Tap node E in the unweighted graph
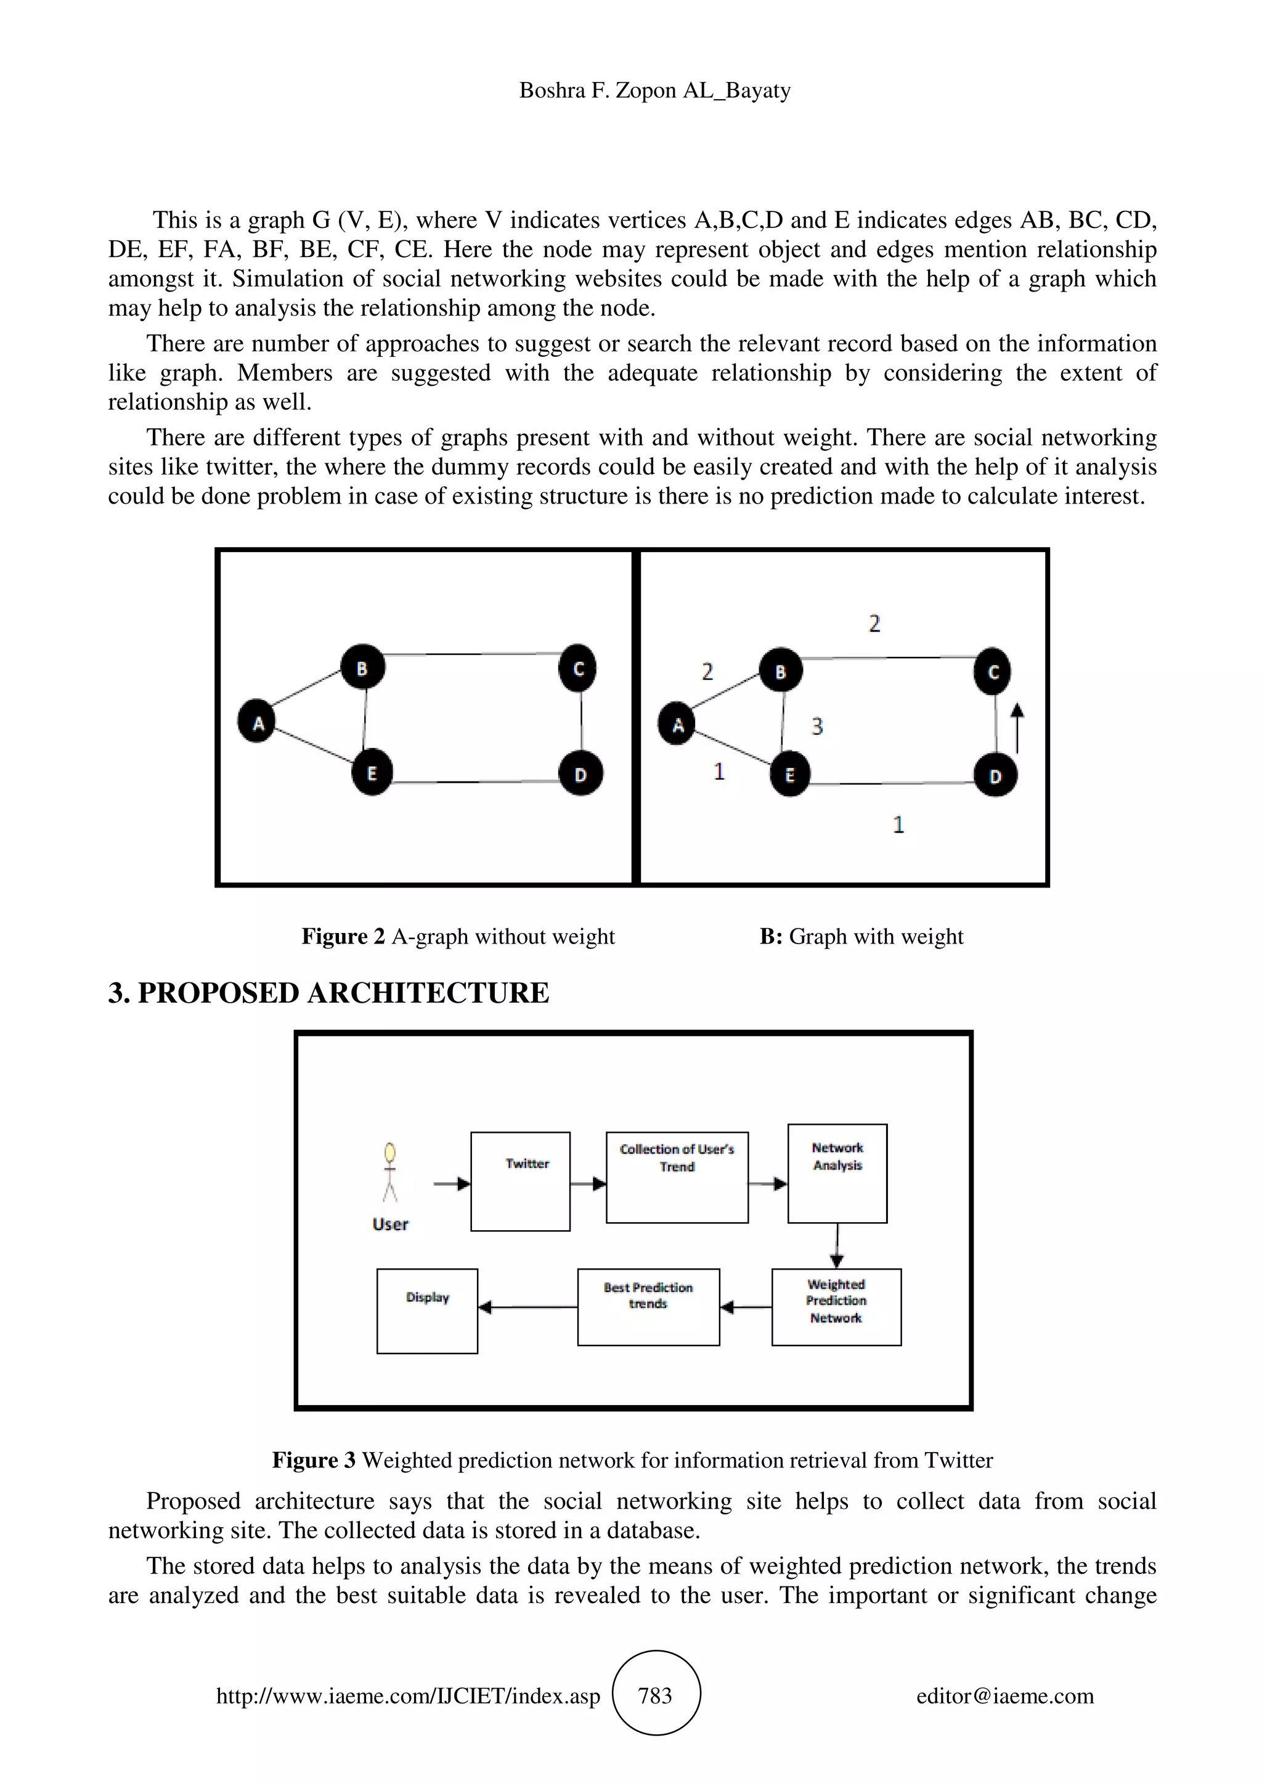372,772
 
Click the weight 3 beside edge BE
816,726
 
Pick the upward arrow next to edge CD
1017,727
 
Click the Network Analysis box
837,1173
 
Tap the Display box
427,1311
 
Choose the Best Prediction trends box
648,1307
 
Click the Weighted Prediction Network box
836,1307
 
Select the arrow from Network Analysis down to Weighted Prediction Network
837,1246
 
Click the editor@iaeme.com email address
1004,1696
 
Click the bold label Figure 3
314,1460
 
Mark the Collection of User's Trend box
677,1177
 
